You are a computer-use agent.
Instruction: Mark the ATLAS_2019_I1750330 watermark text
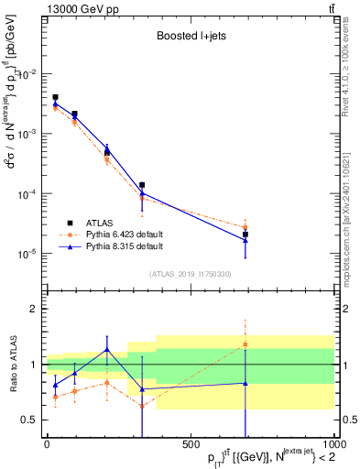(190, 273)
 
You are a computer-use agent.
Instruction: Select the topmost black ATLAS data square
(55, 97)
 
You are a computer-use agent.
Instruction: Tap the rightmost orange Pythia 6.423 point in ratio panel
(245, 344)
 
